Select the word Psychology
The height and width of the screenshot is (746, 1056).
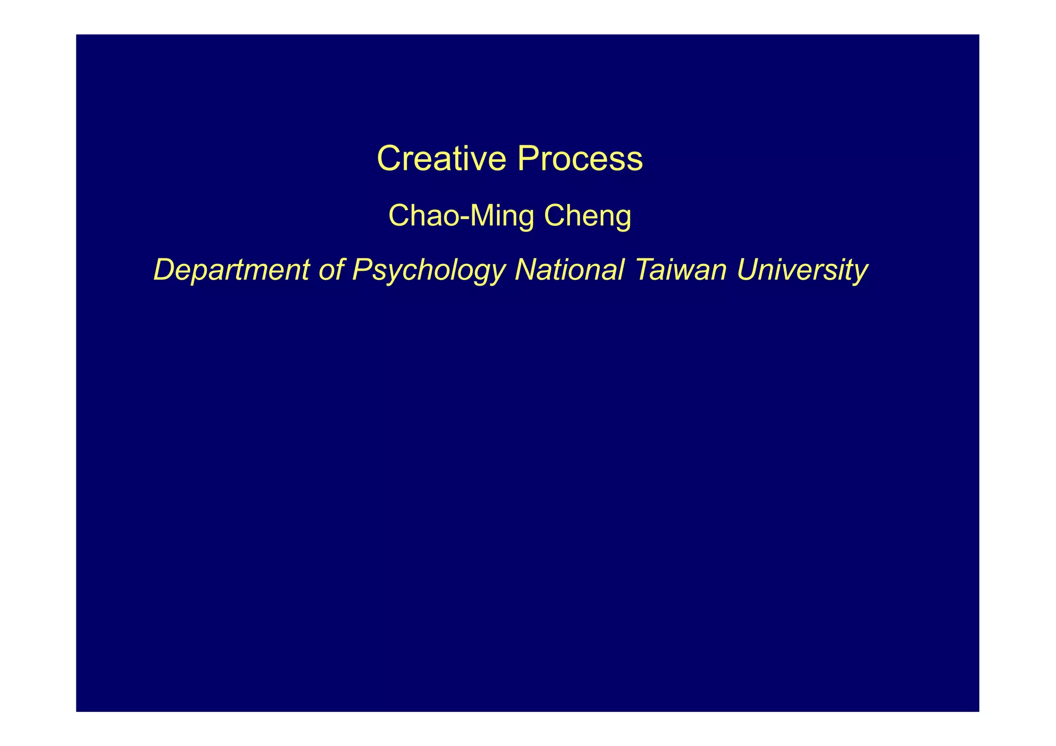coord(428,270)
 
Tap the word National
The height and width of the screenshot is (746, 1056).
coord(570,270)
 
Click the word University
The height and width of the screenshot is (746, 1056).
coord(802,270)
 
